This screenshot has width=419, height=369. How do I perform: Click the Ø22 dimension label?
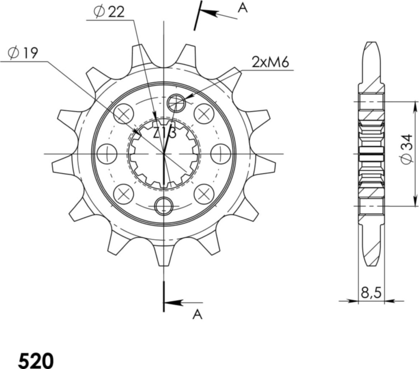point(109,13)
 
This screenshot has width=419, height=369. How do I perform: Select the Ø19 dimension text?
point(23,53)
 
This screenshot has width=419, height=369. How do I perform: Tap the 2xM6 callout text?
point(271,62)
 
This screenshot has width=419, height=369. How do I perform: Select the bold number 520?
point(36,360)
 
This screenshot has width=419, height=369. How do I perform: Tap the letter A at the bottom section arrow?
point(197,315)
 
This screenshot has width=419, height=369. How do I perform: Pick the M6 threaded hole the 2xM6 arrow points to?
point(176,102)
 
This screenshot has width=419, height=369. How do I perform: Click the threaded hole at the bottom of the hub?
point(163,205)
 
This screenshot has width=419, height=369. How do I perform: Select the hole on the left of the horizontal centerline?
point(106,154)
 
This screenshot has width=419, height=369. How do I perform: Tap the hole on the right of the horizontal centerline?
point(220,154)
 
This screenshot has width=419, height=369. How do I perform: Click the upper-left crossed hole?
point(124,113)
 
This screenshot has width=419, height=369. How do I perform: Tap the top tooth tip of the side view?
point(372,44)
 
